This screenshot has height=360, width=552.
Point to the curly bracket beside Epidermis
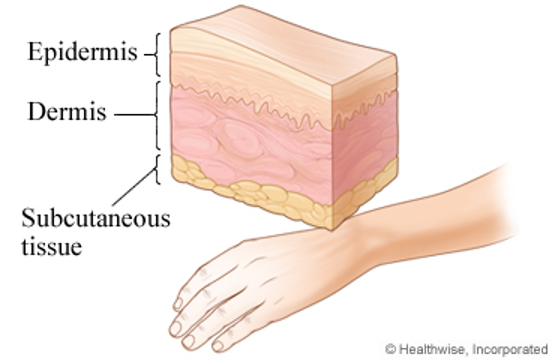click(x=155, y=55)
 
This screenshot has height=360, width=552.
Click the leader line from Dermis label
click(x=132, y=116)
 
